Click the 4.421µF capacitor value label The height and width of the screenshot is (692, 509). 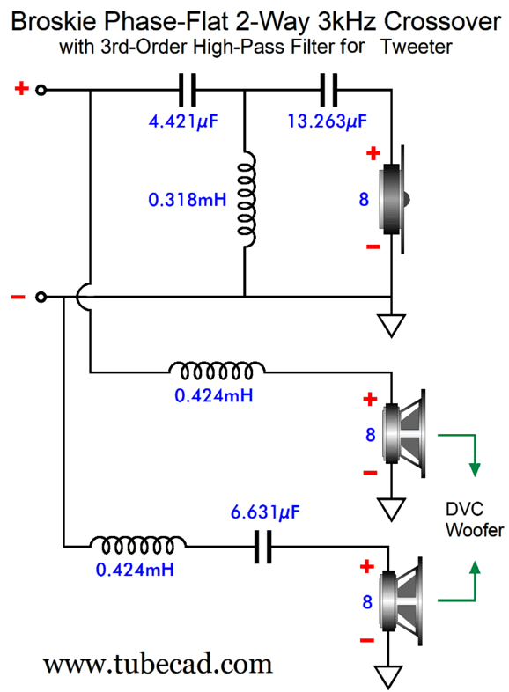click(x=183, y=121)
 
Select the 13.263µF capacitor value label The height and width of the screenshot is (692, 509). click(x=327, y=121)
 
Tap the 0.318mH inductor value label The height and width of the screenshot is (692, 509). click(x=188, y=200)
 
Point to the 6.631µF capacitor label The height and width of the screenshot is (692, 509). click(x=265, y=512)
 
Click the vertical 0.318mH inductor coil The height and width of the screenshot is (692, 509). click(x=247, y=200)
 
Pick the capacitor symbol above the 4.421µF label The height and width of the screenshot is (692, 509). click(x=188, y=90)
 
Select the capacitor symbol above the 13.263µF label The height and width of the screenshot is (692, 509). click(x=328, y=90)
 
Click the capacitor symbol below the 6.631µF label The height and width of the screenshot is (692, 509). click(x=263, y=548)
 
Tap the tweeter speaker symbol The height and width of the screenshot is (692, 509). click(x=394, y=200)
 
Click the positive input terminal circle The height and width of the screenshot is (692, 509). click(x=41, y=90)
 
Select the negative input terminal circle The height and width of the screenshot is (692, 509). click(x=41, y=297)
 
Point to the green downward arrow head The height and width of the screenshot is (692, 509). click(x=475, y=469)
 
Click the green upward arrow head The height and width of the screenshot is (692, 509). click(x=475, y=568)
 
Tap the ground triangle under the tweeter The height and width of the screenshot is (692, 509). click(x=392, y=326)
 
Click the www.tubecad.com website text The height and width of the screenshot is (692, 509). click(x=158, y=664)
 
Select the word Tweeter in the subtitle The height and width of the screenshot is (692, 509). click(x=417, y=47)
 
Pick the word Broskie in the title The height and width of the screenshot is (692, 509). click(x=55, y=21)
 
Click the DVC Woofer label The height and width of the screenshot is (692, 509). click(x=475, y=519)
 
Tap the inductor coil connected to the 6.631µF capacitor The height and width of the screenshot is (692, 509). click(x=137, y=546)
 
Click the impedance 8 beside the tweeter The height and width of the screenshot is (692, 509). click(x=364, y=200)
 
